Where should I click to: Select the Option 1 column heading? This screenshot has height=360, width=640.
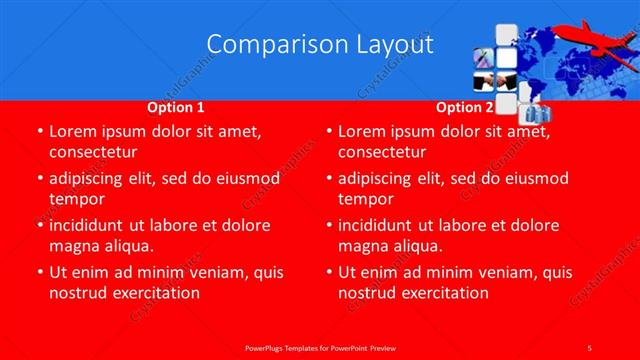coord(176,107)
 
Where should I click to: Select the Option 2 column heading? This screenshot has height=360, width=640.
coord(465,107)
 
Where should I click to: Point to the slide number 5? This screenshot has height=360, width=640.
coord(590,347)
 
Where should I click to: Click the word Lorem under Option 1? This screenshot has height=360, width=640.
coord(73,131)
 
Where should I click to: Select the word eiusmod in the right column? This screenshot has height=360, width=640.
coord(536,178)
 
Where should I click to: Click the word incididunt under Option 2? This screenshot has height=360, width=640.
coord(382,225)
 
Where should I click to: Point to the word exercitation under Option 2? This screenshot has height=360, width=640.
coord(445,293)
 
